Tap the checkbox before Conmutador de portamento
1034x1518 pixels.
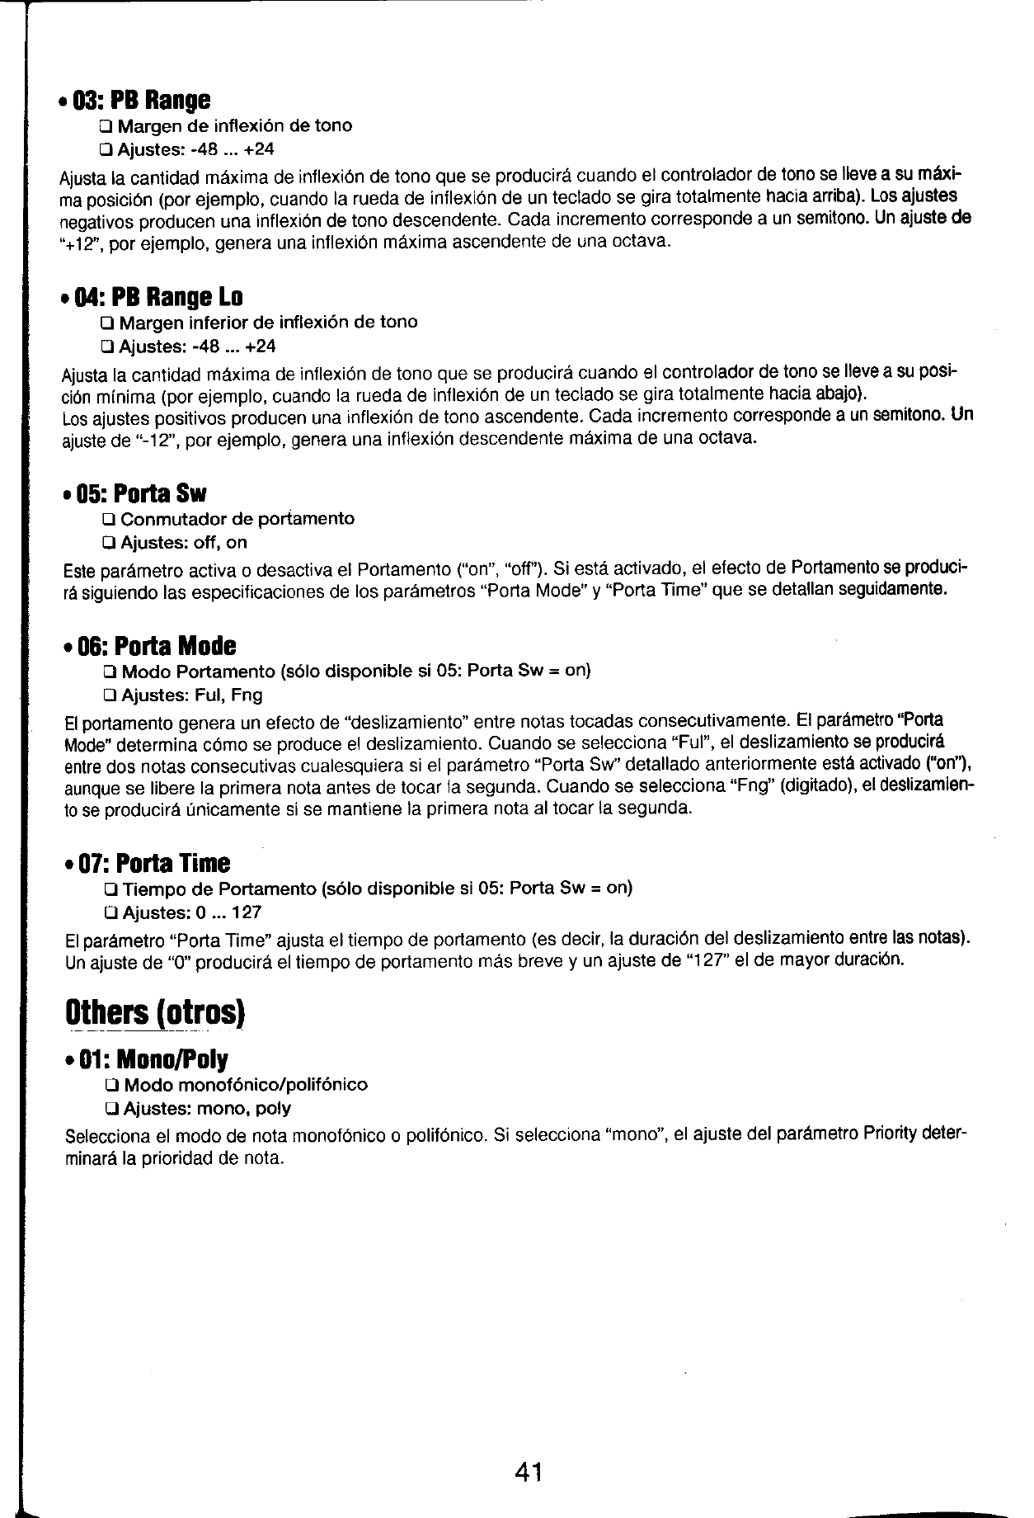pos(108,520)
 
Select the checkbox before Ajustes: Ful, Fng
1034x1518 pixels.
pos(108,695)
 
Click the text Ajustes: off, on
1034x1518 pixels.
pos(183,543)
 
